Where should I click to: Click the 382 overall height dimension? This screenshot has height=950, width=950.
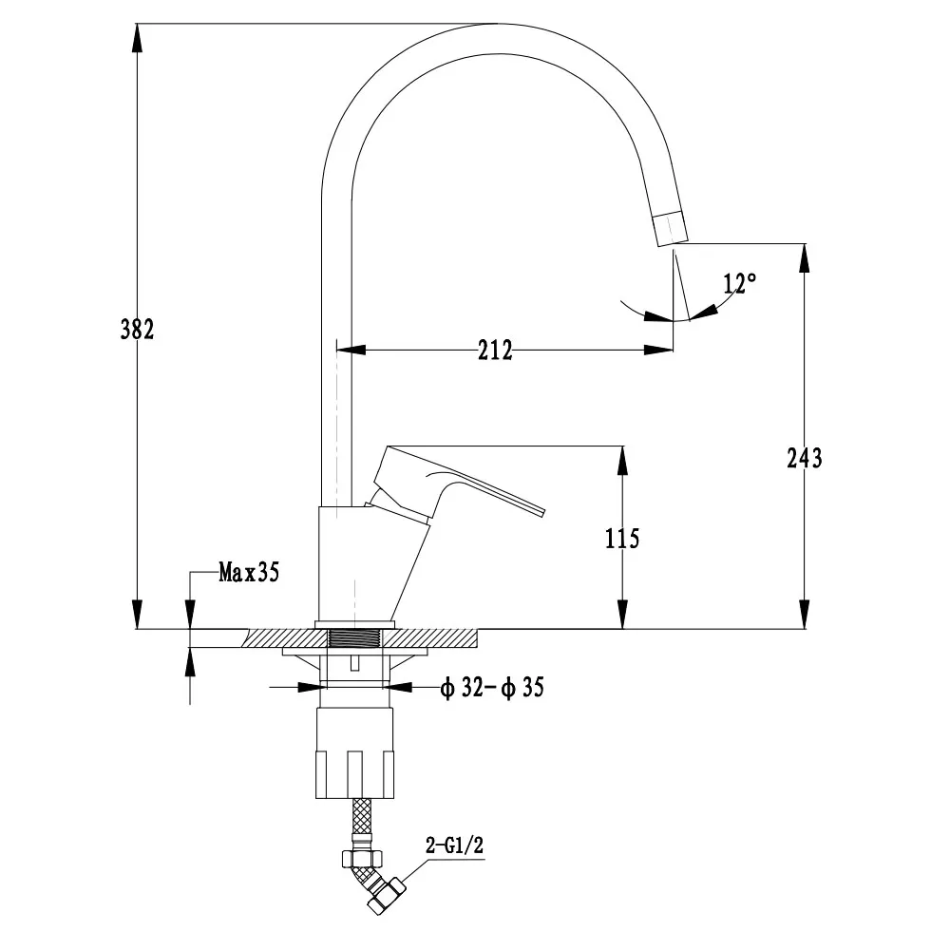tap(137, 330)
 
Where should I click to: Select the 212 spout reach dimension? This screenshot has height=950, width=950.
tap(494, 351)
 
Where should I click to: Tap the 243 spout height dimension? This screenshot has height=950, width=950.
tap(804, 458)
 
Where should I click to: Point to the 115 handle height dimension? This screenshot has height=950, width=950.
tap(622, 539)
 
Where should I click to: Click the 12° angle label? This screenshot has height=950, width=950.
tap(739, 283)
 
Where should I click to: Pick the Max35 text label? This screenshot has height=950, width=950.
tap(249, 572)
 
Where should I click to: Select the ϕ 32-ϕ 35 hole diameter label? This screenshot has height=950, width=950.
tap(491, 688)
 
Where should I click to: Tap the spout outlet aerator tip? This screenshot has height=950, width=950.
tap(671, 228)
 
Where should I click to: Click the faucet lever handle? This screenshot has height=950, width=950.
tap(456, 480)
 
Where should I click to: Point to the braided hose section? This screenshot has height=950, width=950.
tap(362, 815)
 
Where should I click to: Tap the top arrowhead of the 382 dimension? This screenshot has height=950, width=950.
tap(137, 38)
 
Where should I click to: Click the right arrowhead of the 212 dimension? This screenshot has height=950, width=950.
tap(659, 351)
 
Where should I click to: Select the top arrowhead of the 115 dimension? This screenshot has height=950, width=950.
tap(622, 460)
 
